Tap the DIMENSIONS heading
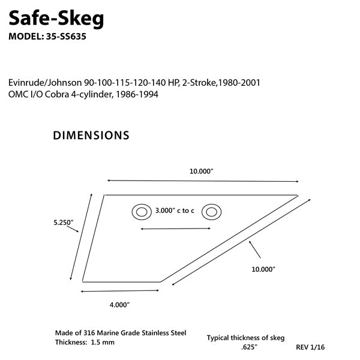91,136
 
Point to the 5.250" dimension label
63,223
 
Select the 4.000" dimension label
119,305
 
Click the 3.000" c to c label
175,211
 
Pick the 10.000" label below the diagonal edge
263,269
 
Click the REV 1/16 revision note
311,347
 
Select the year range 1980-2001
238,82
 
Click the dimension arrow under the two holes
175,229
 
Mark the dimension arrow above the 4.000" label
119,291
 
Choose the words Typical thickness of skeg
245,338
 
